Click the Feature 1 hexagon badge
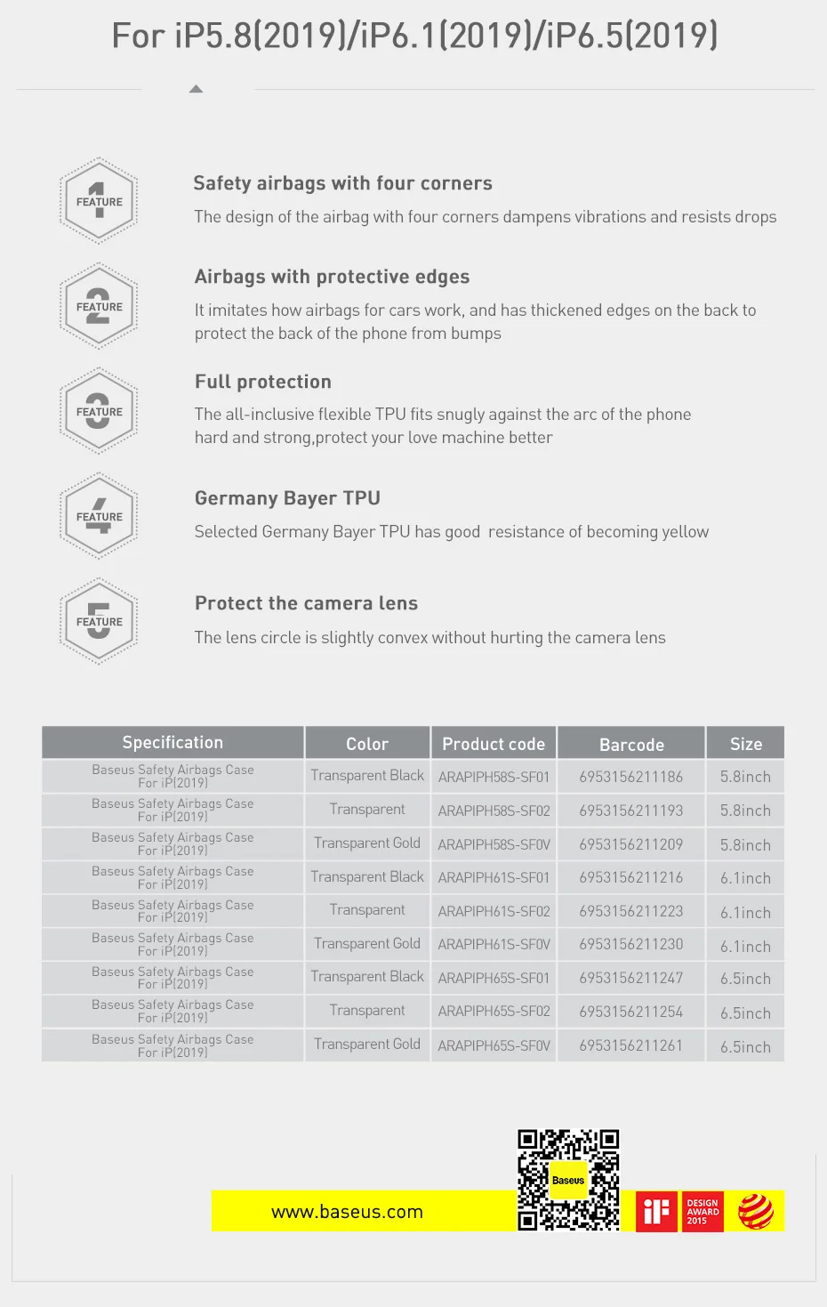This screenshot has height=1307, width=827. (x=99, y=201)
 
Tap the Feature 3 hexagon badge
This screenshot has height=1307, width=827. (x=99, y=411)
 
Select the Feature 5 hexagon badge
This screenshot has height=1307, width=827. (x=99, y=621)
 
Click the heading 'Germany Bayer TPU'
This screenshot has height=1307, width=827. (x=287, y=498)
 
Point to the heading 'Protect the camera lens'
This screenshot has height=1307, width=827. (x=306, y=603)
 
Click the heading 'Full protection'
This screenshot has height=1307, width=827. (x=263, y=382)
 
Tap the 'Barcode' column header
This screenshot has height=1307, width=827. (x=631, y=744)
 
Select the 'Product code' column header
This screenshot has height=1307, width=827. (x=494, y=744)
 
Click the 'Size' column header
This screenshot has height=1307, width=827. (x=746, y=744)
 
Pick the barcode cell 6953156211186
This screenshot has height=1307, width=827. (x=630, y=777)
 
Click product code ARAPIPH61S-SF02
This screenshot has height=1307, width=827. (x=494, y=912)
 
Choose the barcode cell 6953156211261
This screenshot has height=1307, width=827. (x=630, y=1045)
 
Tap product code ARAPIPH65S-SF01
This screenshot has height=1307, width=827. (x=494, y=978)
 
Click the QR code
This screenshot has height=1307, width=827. (x=568, y=1180)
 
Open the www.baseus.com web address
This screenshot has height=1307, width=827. (x=347, y=1212)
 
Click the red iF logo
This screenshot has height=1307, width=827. (x=656, y=1211)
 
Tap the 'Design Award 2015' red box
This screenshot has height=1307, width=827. (x=703, y=1211)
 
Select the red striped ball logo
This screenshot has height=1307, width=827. (x=756, y=1211)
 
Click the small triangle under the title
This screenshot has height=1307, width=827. (x=197, y=89)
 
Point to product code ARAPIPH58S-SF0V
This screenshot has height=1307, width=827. (x=494, y=844)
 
